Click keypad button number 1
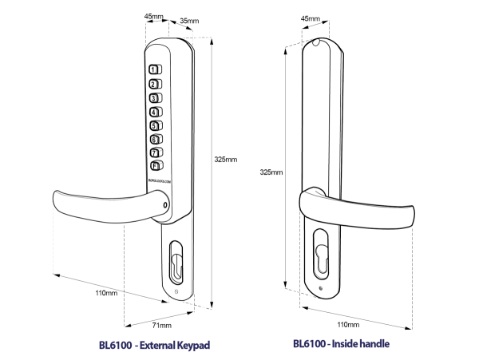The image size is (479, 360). pos(154,69)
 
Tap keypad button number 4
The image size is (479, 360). pos(154,112)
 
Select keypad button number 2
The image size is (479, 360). pos(154,84)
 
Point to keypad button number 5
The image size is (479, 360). pos(154,125)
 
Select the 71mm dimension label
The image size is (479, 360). pos(162,326)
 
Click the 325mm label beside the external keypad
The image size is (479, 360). pos(225,159)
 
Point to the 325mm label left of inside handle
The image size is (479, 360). pos(271,172)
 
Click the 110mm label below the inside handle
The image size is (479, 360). pos(348,325)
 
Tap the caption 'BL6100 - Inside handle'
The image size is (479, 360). pos(341,344)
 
